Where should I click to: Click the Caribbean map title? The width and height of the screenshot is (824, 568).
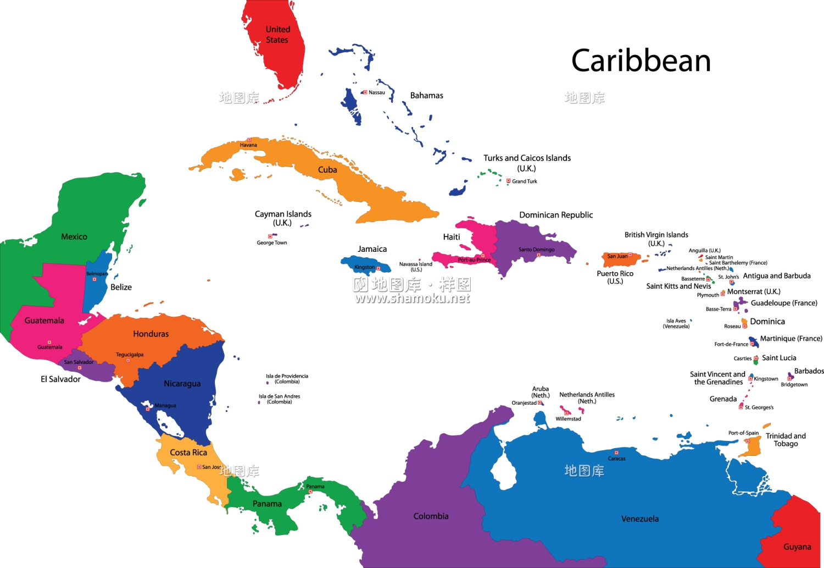pos(641,60)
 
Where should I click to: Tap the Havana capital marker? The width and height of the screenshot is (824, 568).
pos(249,140)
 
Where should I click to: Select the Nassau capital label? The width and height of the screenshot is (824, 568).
pos(377,92)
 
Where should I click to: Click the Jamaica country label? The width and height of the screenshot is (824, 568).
pos(372,249)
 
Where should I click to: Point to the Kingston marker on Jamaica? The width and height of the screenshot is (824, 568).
pos(378,268)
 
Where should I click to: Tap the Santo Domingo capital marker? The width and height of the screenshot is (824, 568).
pos(538,255)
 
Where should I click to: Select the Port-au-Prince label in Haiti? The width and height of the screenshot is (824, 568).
pos(474,260)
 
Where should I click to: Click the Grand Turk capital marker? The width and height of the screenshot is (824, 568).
pos(508,181)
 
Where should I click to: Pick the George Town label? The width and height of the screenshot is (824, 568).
pos(272,242)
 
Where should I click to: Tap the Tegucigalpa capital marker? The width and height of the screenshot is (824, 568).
pos(128,360)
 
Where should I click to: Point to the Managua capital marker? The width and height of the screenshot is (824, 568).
pos(148,409)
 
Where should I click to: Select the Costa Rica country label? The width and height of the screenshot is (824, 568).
pos(188,453)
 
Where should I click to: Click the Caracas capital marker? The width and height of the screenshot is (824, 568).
pos(616,453)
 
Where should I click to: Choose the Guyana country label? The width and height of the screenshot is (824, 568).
pos(797,547)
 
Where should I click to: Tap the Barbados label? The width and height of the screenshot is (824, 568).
pos(809,371)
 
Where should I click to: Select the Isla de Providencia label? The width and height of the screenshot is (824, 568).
pos(287,379)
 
